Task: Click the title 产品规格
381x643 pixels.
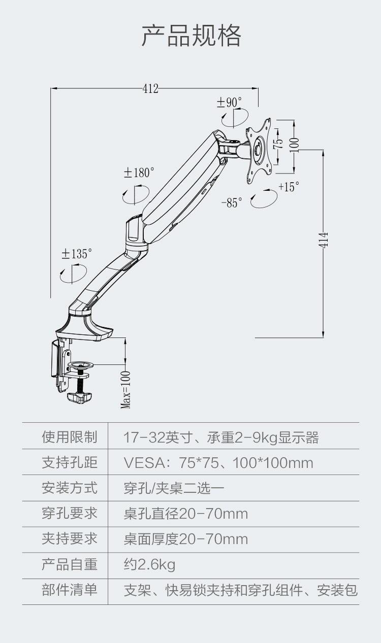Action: click(191, 36)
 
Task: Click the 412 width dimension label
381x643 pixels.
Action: click(150, 89)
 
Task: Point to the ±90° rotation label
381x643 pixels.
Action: click(229, 103)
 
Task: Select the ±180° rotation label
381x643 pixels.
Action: click(139, 173)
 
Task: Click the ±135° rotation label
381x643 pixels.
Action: click(77, 254)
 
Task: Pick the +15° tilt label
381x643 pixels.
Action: click(289, 187)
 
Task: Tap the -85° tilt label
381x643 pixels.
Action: click(232, 203)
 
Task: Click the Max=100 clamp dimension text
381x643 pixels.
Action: click(126, 389)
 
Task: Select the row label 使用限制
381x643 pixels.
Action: click(69, 437)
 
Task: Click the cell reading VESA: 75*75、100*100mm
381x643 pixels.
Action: click(218, 463)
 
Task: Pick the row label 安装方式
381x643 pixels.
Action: click(69, 488)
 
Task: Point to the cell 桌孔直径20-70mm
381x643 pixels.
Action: click(186, 514)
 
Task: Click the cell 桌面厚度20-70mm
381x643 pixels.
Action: click(186, 539)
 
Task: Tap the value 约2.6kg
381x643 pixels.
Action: click(149, 565)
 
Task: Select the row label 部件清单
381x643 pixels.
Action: click(69, 590)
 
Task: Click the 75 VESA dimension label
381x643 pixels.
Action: click(277, 144)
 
